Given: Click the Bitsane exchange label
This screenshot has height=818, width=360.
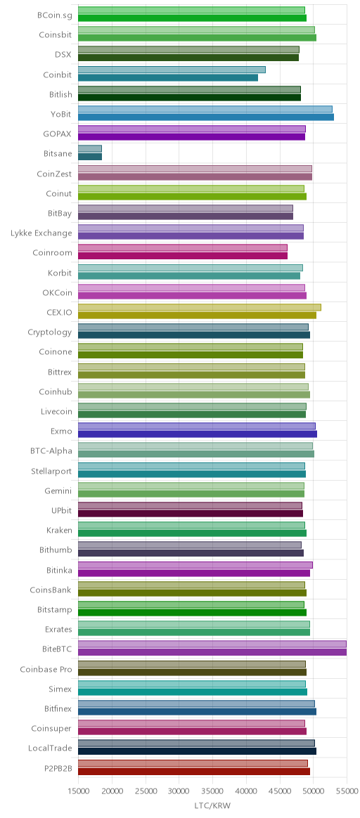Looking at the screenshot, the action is [58, 154].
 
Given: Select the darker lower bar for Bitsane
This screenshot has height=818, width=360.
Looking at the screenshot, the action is [90, 157].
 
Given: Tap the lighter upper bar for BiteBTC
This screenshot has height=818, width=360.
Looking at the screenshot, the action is [212, 644].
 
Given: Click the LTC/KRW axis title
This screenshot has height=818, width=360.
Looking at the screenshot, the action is [212, 805].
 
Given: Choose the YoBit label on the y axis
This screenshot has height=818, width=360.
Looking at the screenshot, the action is [62, 115].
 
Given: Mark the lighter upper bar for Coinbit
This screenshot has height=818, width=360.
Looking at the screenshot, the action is [172, 70].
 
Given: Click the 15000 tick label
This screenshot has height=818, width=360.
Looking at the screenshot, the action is [78, 791].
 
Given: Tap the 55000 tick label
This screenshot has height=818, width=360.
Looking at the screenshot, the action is [347, 791].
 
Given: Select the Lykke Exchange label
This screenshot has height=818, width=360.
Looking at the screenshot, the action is [41, 233].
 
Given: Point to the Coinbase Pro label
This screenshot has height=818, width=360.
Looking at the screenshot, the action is [46, 669].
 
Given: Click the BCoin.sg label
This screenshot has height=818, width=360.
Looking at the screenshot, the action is [55, 15].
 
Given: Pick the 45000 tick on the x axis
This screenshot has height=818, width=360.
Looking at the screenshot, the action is [280, 791].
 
